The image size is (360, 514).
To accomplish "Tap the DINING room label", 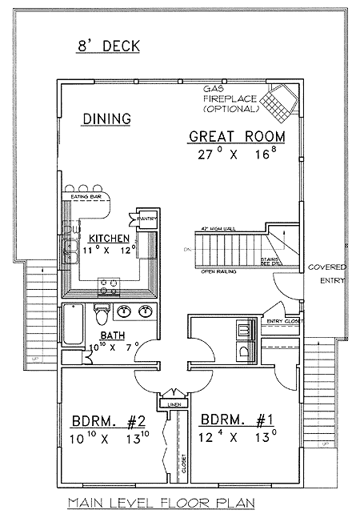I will (x=106, y=119).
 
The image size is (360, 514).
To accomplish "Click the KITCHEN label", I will (x=110, y=239).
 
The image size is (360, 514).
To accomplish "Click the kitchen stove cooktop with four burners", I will (x=108, y=283).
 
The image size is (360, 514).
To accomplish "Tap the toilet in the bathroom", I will (x=102, y=311).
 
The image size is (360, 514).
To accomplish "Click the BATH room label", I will (x=111, y=336).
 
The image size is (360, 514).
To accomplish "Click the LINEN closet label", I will (x=172, y=405).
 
